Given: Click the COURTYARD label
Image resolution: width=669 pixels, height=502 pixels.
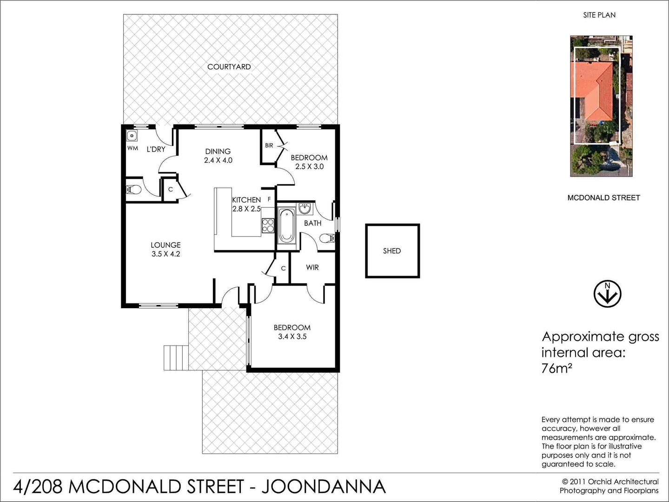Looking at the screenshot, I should coord(229,67).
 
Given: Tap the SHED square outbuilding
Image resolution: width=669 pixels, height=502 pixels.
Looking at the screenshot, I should coord(392,251).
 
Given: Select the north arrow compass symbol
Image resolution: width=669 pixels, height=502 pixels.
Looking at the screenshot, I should coord(607,294).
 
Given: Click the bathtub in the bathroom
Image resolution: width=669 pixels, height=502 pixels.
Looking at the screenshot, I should coord(286,226).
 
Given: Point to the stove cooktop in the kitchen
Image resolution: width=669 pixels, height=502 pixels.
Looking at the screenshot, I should coord(268,225).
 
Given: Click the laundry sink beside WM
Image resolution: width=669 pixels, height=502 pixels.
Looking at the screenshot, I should coord(132,136).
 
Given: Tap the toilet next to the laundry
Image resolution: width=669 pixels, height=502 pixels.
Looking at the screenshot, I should coord(134,190).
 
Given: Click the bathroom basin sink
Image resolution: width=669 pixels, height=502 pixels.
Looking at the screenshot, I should coord(305,209).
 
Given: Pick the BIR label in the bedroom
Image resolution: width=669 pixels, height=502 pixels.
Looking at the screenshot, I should coord(269,145).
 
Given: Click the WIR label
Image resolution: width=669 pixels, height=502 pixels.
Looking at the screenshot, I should coord(312,267).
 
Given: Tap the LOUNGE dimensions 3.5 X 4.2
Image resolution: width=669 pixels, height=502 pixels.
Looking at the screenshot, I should coord(166,254).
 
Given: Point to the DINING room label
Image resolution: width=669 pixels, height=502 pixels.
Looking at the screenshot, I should coord(218,151).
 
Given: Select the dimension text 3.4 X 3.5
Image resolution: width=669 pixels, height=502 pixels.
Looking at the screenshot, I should coord(292,337).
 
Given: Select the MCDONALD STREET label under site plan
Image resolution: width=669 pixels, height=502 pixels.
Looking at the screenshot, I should coord(603,198).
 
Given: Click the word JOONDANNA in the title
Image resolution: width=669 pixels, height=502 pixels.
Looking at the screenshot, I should coord(324,487).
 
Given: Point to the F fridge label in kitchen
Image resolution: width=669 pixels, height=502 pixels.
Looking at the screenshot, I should coord(269,199).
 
